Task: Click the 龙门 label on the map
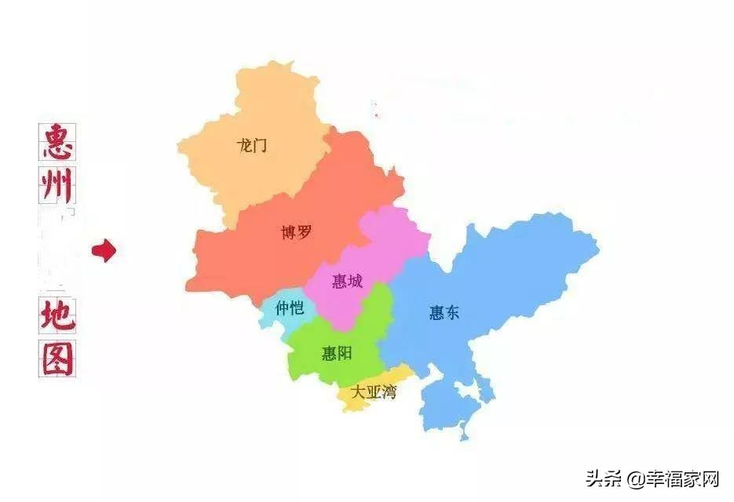coord(252,145)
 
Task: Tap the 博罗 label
coord(296,232)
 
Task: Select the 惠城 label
coord(347,281)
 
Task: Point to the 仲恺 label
coord(289,308)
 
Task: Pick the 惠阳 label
coord(337,354)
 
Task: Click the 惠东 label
coord(444,313)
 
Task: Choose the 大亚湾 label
coord(374,392)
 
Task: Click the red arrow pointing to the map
coord(104,251)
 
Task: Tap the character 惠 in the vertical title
coord(57,142)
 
